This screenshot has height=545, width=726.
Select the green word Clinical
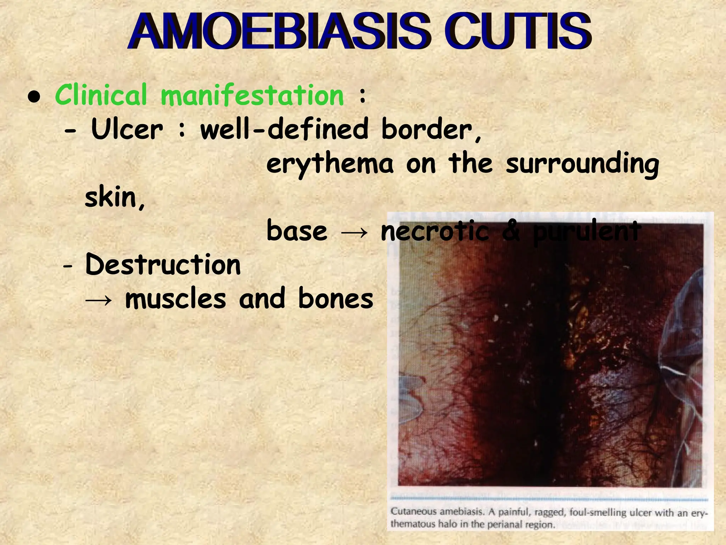coord(101,95)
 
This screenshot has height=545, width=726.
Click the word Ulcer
coord(127,129)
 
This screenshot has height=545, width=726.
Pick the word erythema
coord(330,164)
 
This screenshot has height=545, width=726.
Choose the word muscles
coord(175,299)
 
